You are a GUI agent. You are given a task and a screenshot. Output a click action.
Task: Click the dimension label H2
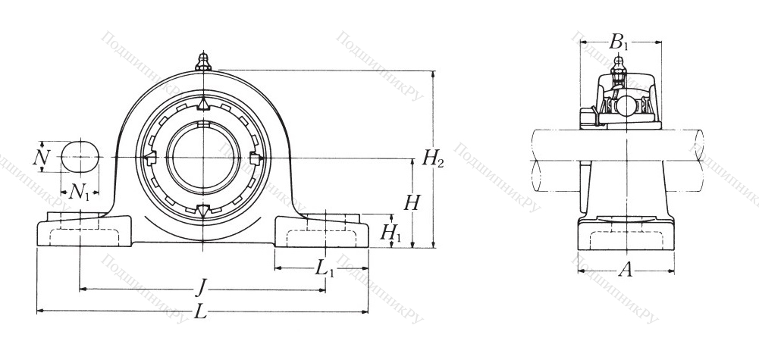pyautogui.click(x=433, y=159)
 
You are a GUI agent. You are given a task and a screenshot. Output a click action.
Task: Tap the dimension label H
pyautogui.click(x=412, y=203)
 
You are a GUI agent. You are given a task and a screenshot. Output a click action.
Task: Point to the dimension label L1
pyautogui.click(x=325, y=268)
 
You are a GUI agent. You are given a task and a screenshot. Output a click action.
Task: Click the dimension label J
pyautogui.click(x=200, y=287)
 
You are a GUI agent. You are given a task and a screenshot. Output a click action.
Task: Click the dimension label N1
pyautogui.click(x=80, y=192)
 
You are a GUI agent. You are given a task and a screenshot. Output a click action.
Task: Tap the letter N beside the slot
pyautogui.click(x=42, y=158)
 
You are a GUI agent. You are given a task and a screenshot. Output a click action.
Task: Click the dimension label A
pyautogui.click(x=625, y=269)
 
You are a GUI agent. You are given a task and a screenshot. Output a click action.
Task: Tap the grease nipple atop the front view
pyautogui.click(x=202, y=61)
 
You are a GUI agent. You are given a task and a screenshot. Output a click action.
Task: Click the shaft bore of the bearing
pyautogui.click(x=202, y=157)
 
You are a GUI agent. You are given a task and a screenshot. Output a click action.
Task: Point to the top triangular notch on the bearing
pyautogui.click(x=202, y=104)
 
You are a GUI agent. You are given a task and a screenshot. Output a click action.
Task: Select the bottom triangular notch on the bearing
pyautogui.click(x=202, y=211)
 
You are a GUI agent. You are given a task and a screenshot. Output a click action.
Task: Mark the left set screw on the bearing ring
pyautogui.click(x=149, y=157)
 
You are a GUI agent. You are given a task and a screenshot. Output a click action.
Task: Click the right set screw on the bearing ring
pyautogui.click(x=255, y=158)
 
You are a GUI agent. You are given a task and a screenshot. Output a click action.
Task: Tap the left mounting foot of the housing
pyautogui.click(x=83, y=230)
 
